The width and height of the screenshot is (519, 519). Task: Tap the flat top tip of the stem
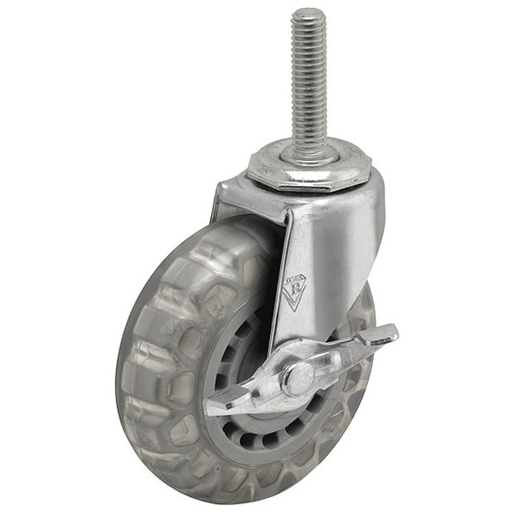308,14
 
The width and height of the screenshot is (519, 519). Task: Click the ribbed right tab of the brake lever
378,336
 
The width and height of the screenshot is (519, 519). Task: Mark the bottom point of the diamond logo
294,309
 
